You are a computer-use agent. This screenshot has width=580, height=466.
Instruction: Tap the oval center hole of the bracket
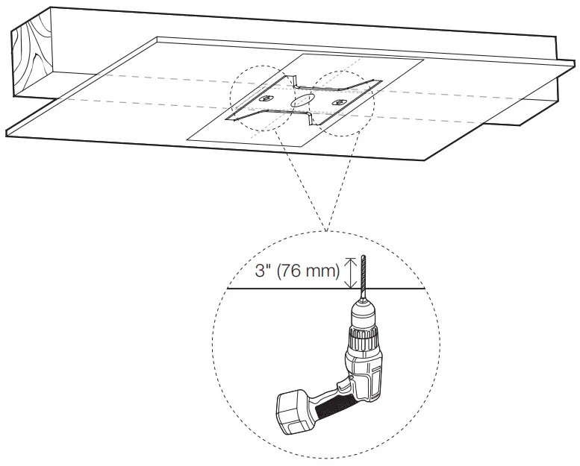pyautogui.click(x=301, y=100)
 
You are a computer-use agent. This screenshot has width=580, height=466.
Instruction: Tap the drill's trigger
pyautogui.click(x=343, y=386)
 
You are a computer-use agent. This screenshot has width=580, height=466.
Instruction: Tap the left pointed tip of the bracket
pyautogui.click(x=227, y=119)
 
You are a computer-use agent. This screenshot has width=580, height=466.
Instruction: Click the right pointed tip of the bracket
pyautogui.click(x=381, y=81)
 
